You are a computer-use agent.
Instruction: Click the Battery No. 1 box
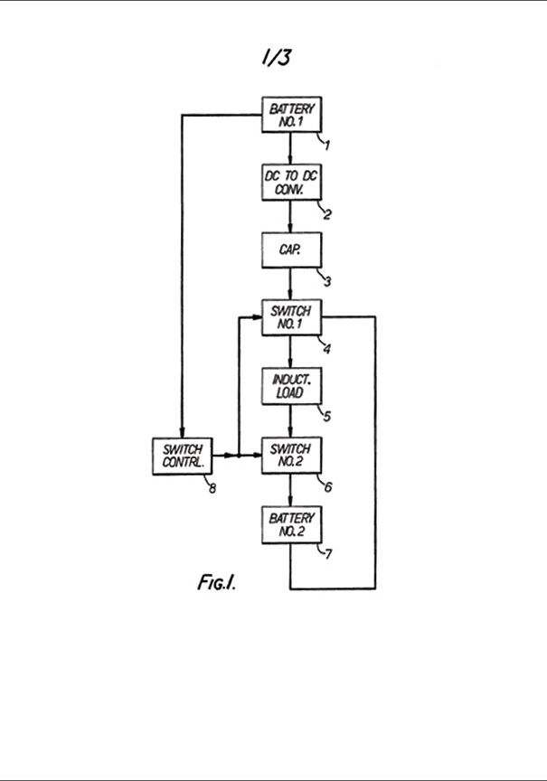290,115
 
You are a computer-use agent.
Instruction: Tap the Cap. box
290,250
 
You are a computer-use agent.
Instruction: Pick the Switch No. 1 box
290,317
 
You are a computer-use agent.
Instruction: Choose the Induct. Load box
290,387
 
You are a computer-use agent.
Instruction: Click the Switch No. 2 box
290,456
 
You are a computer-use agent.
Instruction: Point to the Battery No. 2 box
290,525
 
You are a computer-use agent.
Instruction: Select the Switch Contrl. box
182,456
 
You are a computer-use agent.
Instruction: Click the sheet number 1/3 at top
275,58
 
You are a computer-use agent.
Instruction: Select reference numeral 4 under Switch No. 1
328,348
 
